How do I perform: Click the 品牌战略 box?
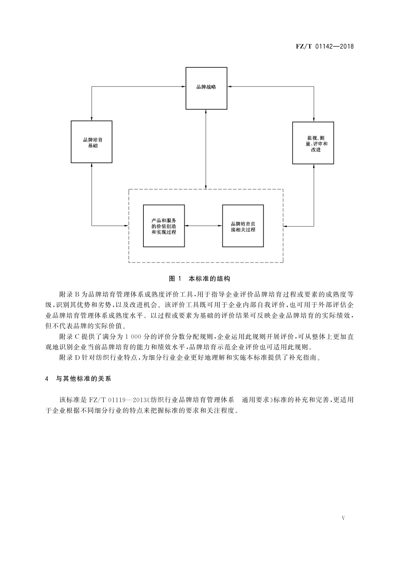tap(206, 88)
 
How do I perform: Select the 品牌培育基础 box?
tap(91, 142)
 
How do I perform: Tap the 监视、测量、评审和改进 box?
tap(313, 143)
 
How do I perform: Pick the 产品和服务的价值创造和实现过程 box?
tap(163, 226)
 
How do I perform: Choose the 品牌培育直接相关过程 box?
tap(243, 226)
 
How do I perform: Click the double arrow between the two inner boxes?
tap(203, 226)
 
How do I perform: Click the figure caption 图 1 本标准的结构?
tap(199, 278)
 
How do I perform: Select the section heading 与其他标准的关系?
tap(83, 379)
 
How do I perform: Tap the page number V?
tap(343, 518)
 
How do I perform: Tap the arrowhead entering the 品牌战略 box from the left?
tap(184, 87)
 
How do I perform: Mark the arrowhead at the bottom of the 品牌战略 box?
tap(206, 111)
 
